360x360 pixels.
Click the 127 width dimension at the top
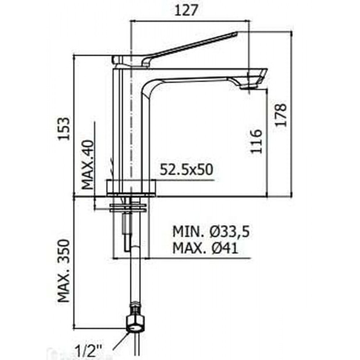point(186,10)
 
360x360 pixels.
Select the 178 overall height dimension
point(281,115)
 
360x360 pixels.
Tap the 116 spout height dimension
point(256,141)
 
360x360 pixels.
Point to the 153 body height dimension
point(64,129)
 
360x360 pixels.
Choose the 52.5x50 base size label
point(186,170)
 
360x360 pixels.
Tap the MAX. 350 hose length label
point(64,271)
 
